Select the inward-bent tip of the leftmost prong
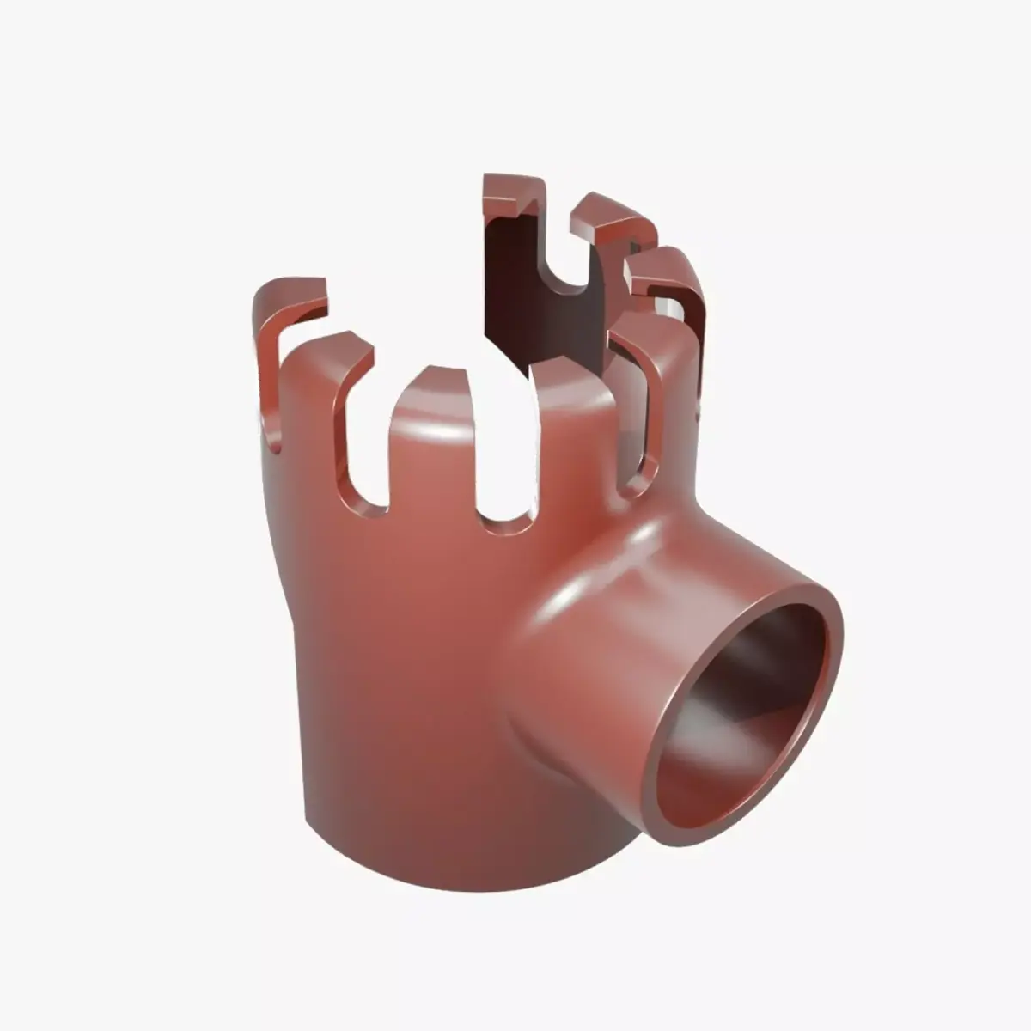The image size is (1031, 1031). coord(296,292)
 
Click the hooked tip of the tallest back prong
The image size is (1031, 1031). coord(513,193)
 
